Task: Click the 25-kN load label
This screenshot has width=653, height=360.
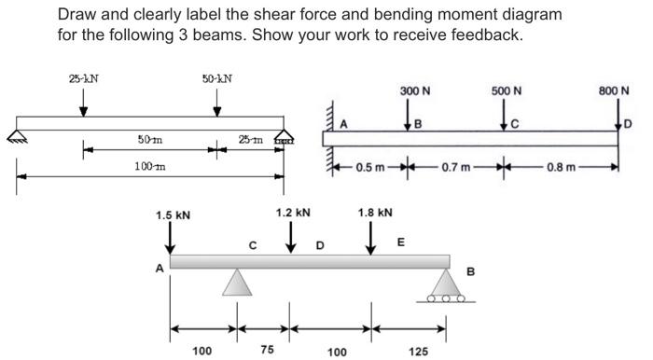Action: coord(84,78)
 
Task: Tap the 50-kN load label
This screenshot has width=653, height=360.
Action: coord(217,78)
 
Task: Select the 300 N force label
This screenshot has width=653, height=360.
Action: coord(415,90)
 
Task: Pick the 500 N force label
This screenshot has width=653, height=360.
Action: coord(507,90)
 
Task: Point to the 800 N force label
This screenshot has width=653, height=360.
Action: coord(614,90)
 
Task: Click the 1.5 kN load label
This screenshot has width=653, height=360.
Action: coord(173,215)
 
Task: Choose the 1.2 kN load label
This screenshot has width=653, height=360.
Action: coord(293,213)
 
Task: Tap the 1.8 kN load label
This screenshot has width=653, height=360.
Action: coord(375,213)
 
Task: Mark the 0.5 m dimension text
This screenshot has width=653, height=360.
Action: coord(370,167)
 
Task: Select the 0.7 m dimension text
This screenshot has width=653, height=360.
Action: coord(456,167)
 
